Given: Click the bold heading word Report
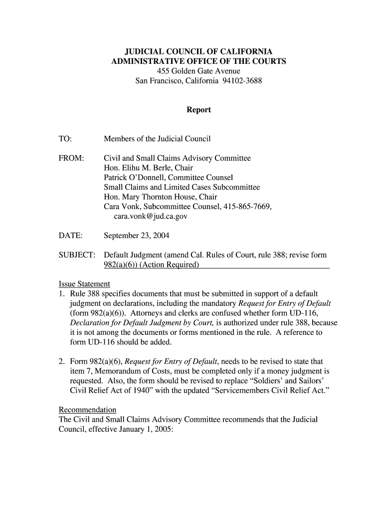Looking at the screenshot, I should point(198,110).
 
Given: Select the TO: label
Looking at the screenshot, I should point(65,138).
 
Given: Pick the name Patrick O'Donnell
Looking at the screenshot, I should point(134,178).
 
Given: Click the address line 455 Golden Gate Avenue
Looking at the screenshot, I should point(198,71).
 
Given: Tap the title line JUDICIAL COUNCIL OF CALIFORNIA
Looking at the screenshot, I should point(198,52).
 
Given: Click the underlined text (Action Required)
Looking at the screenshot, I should point(170,264).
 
